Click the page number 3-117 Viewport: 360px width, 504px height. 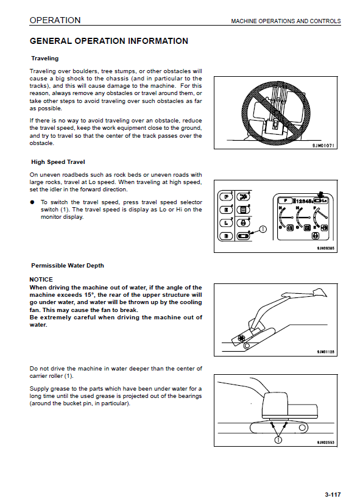tap(333, 495)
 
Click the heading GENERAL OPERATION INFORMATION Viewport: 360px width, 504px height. tap(109, 41)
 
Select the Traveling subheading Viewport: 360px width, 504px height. tap(45, 59)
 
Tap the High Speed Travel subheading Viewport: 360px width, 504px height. tap(58, 162)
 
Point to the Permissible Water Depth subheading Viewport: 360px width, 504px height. tap(68, 266)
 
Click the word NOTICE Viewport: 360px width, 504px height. tap(41, 280)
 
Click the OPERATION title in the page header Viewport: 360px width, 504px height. tap(55, 20)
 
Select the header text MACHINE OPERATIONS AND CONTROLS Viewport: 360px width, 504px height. tap(286, 21)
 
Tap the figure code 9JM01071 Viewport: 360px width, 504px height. tap(323, 146)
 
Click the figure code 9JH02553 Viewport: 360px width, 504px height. tap(326, 442)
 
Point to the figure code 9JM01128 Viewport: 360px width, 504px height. tap(326, 352)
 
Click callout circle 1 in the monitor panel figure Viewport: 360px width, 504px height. tap(263, 229)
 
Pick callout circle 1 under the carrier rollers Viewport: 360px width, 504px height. tap(278, 440)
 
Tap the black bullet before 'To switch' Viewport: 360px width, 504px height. tap(32, 202)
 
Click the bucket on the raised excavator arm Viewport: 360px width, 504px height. tap(320, 293)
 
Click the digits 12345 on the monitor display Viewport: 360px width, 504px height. tap(304, 201)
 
